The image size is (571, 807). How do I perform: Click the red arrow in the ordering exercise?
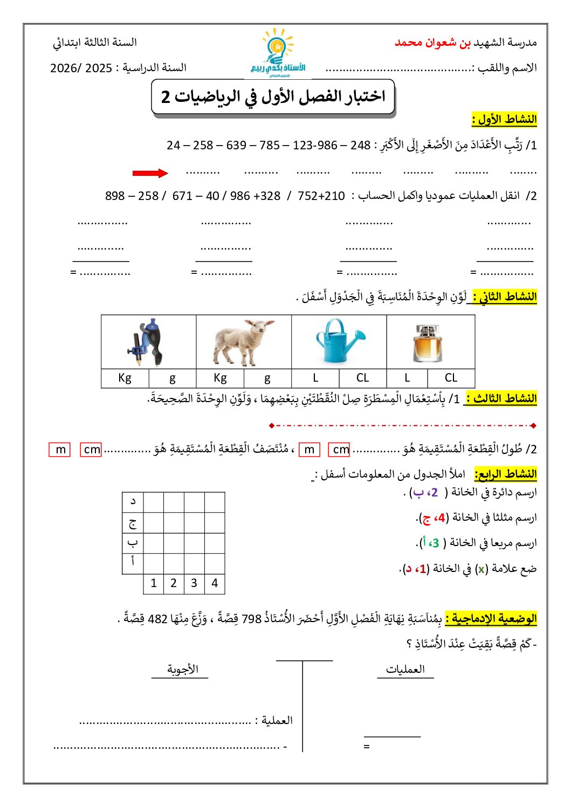(x=150, y=173)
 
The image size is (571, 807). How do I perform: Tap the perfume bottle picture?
(x=428, y=343)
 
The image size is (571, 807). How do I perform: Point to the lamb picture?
(x=243, y=342)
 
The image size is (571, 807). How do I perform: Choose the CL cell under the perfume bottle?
(x=451, y=378)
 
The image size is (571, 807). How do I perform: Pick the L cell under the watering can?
(x=315, y=378)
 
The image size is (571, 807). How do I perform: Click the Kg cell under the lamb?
(x=220, y=378)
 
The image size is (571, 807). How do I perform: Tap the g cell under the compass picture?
(x=173, y=378)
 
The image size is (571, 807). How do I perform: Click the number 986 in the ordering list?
(x=327, y=146)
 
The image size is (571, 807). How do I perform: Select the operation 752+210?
(x=321, y=196)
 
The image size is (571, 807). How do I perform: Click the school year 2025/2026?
(x=81, y=68)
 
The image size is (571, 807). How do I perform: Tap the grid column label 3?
(x=194, y=583)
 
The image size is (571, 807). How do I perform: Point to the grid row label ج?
(x=133, y=523)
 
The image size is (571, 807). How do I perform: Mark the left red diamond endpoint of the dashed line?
(x=271, y=426)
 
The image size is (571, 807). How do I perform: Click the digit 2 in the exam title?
(x=166, y=97)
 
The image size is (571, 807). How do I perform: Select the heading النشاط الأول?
(x=505, y=119)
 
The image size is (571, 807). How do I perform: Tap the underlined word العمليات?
(x=405, y=670)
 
